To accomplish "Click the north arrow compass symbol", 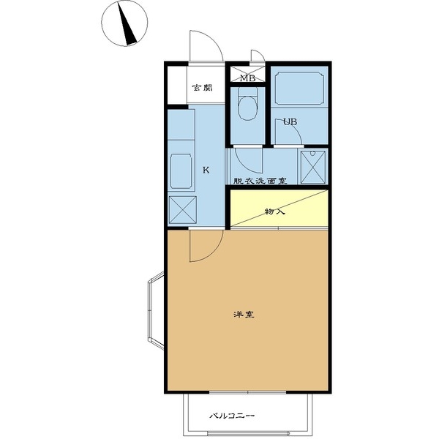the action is pos(124,23).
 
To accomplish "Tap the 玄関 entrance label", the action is pos(202,88).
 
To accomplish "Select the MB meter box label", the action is pos(248,78).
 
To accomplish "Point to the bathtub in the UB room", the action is pos(299,88).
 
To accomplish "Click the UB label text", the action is pos(290,122).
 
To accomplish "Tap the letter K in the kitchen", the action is pos(206,170).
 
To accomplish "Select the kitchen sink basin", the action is pos(181,171).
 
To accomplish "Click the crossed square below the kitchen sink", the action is pos(182,210).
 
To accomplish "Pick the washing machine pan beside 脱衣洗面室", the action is pos(313,167).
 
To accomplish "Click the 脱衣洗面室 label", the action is pos(260,181).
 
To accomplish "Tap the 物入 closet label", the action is pos(274,211).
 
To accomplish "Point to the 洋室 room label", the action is pos(244,315).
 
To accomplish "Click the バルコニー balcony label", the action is pos(232,416).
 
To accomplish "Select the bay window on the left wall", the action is pos(155,310).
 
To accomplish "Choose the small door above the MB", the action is pos(258,56).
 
